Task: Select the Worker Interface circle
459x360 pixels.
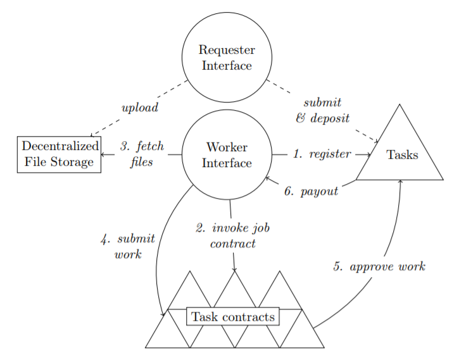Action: click(x=227, y=155)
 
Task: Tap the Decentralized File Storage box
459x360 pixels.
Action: click(x=59, y=154)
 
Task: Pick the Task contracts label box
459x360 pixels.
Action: click(x=234, y=317)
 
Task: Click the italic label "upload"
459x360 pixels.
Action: click(x=139, y=108)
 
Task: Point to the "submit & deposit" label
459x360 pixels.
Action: click(x=322, y=110)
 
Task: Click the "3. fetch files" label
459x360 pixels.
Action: click(x=142, y=154)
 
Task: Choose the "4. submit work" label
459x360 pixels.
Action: click(x=128, y=247)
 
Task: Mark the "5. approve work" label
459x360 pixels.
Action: click(x=379, y=266)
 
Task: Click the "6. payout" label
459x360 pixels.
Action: click(x=311, y=192)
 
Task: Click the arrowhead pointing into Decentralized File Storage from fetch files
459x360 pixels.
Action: click(x=103, y=154)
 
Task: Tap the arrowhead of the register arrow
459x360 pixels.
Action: click(x=368, y=154)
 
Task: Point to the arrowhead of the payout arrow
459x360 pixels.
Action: click(x=267, y=178)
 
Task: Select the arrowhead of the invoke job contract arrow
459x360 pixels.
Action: click(x=234, y=270)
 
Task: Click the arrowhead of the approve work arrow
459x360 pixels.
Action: click(x=400, y=182)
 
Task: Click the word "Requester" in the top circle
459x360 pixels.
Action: click(x=227, y=50)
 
